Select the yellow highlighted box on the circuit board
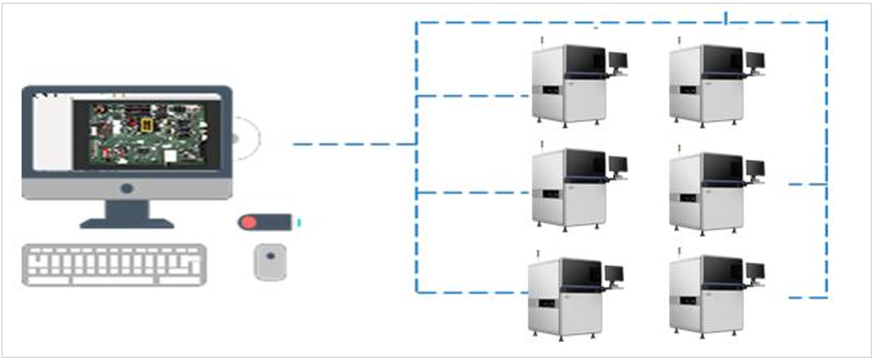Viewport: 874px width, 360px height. click(147, 125)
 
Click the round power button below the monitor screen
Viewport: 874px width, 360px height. click(127, 188)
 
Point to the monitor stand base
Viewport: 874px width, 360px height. click(127, 223)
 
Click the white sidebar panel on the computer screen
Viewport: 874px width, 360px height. click(52, 133)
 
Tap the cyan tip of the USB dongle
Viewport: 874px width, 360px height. click(300, 222)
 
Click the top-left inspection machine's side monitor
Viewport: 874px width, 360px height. click(618, 60)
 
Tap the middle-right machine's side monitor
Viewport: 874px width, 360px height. click(755, 168)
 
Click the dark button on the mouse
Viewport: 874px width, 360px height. click(270, 255)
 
